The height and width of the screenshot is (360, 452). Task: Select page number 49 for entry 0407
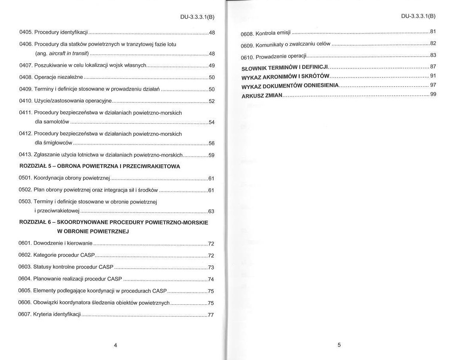coord(212,65)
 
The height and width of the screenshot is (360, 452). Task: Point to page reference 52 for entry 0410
coord(212,101)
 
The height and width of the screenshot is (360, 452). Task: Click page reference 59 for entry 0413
coord(212,155)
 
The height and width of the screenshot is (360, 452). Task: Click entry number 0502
coord(26,190)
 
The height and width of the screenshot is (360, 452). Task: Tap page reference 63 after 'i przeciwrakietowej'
coord(212,211)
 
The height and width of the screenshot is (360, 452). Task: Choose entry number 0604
coord(25,279)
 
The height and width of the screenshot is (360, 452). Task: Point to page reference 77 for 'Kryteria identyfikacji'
coord(211,315)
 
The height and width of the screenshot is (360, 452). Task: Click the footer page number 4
coord(115,345)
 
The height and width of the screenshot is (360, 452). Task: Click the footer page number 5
coord(339,345)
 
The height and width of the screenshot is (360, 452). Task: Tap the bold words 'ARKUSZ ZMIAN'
coord(262,96)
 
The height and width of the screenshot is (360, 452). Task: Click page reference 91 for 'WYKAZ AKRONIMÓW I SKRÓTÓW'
coord(433,75)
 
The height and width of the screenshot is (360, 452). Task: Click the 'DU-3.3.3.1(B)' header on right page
coord(418,16)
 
